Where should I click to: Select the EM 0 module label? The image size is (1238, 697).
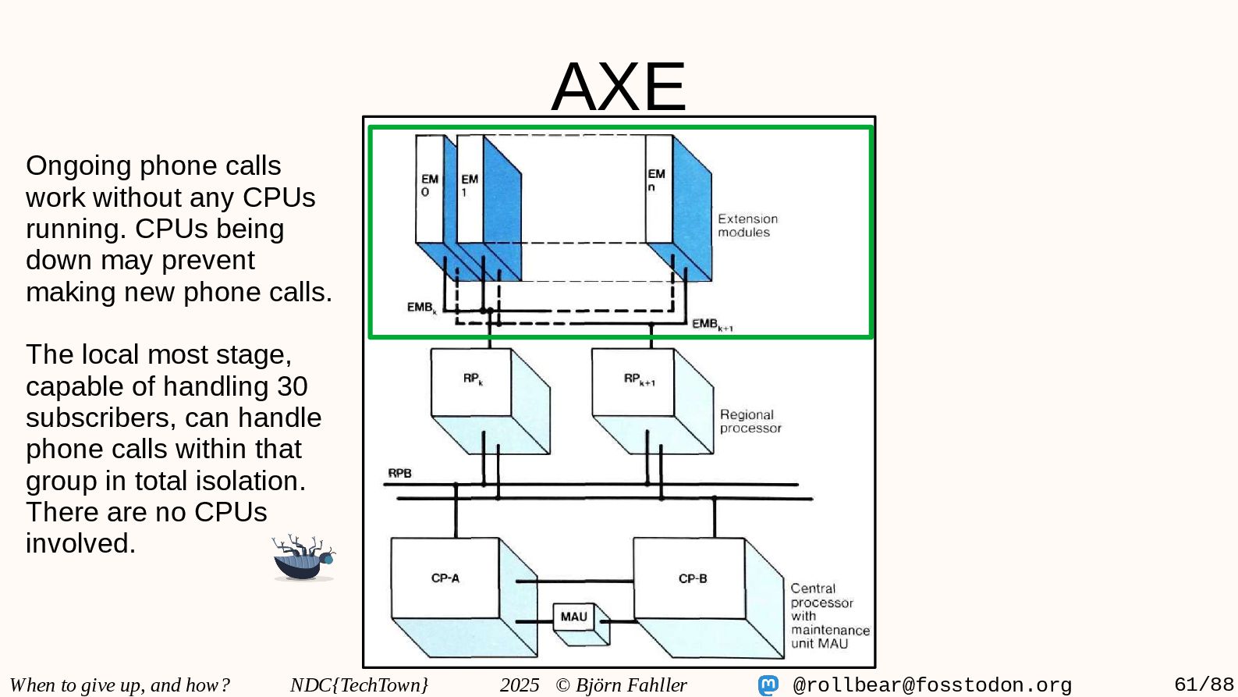pyautogui.click(x=429, y=185)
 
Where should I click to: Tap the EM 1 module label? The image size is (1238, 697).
pyautogui.click(x=469, y=185)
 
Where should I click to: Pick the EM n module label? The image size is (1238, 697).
pyautogui.click(x=656, y=180)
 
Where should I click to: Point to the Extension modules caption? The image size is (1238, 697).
pyautogui.click(x=747, y=226)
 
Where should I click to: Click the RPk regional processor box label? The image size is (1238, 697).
pyautogui.click(x=473, y=379)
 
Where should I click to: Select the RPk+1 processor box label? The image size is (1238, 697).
pyautogui.click(x=639, y=379)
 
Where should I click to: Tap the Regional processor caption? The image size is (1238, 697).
pyautogui.click(x=750, y=421)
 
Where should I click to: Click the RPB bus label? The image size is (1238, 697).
pyautogui.click(x=399, y=473)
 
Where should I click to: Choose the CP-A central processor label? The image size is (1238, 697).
pyautogui.click(x=445, y=578)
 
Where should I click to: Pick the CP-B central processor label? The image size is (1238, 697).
pyautogui.click(x=692, y=578)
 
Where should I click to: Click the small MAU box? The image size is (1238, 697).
pyautogui.click(x=573, y=617)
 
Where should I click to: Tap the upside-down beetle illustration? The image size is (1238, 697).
pyautogui.click(x=303, y=558)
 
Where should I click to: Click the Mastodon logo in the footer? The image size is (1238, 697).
pyautogui.click(x=768, y=685)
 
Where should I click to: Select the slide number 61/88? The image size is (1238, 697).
pyautogui.click(x=1204, y=685)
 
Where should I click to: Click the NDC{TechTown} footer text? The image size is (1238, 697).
pyautogui.click(x=359, y=685)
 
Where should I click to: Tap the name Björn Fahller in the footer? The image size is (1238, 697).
pyautogui.click(x=630, y=685)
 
